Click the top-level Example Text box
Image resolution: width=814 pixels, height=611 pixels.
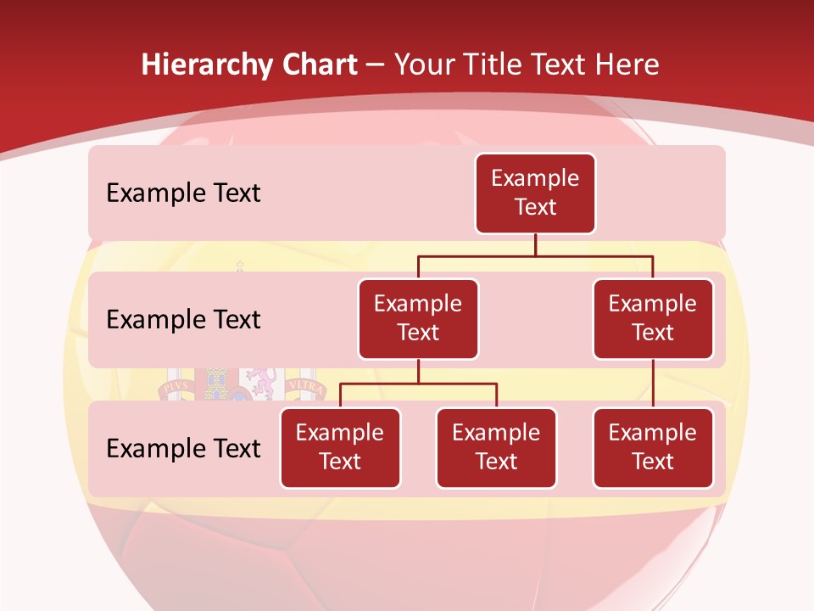click(x=535, y=193)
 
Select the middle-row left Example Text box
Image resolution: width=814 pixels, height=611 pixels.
click(x=418, y=318)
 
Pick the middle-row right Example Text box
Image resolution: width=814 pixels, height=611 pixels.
click(x=653, y=318)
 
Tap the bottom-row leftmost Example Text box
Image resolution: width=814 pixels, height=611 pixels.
click(x=340, y=447)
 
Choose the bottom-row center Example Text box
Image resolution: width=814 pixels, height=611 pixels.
click(x=496, y=447)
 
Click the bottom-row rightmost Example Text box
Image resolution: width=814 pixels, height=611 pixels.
click(x=653, y=447)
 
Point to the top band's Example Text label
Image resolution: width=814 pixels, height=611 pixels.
click(x=183, y=193)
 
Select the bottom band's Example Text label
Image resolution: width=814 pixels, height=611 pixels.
click(x=183, y=448)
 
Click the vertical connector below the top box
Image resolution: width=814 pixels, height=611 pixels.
click(x=535, y=244)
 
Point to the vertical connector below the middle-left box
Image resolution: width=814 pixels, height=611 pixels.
click(x=418, y=371)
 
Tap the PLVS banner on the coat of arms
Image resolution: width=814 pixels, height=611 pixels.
click(x=176, y=386)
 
